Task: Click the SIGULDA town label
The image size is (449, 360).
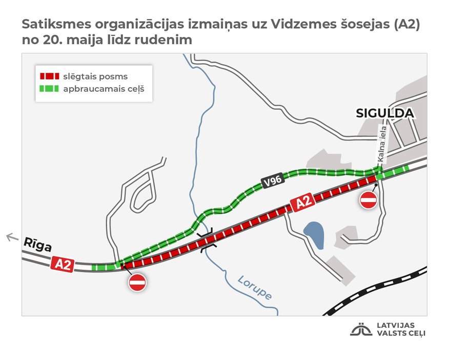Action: [384, 113]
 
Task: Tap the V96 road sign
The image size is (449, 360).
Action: [272, 182]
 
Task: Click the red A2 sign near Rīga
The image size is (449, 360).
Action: [63, 264]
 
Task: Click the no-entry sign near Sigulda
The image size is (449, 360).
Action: [368, 199]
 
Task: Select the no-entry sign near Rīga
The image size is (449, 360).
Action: [137, 282]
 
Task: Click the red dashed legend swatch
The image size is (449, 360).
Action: [49, 76]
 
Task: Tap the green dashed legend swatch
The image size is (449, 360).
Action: [49, 89]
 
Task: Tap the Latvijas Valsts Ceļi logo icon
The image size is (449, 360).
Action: [361, 329]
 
